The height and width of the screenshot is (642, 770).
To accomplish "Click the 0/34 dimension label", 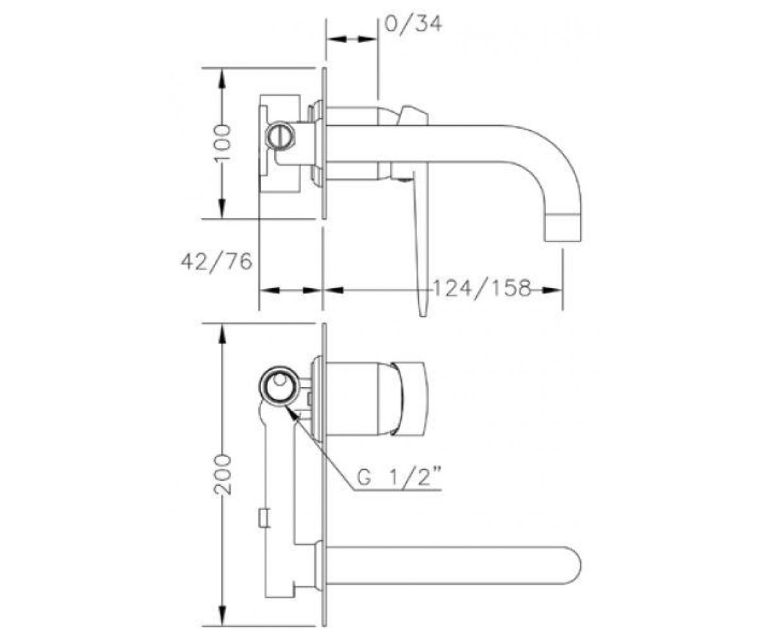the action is click(413, 24).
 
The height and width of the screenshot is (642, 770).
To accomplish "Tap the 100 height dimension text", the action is click(223, 143).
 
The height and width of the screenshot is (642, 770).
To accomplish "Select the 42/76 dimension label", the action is click(216, 263).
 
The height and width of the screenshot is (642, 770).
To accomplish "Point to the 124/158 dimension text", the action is click(482, 288).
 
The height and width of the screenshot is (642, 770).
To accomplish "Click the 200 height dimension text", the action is click(223, 474).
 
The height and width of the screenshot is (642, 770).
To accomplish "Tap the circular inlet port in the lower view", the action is click(280, 386).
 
